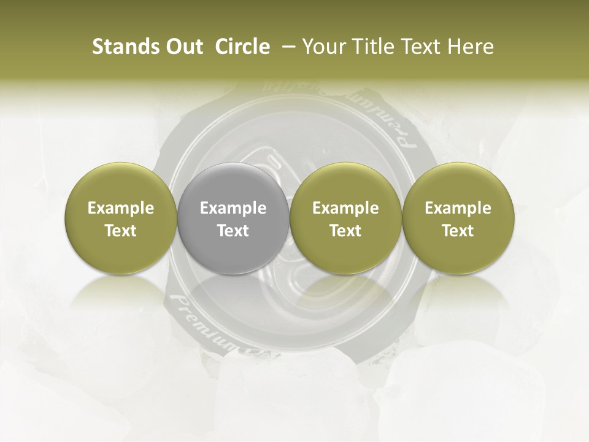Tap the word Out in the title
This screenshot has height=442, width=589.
tap(182, 47)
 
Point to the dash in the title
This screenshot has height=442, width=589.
tap(286, 47)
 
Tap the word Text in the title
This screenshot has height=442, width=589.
tap(420, 47)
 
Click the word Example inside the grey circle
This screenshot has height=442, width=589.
tap(233, 208)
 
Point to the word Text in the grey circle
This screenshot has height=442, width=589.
tap(233, 231)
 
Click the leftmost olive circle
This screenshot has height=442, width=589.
tap(121, 252)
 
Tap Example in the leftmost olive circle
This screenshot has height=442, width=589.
tap(121, 208)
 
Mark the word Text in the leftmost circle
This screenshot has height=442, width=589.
tap(121, 231)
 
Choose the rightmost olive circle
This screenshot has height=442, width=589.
tap(458, 252)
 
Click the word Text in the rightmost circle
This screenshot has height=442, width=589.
tap(458, 231)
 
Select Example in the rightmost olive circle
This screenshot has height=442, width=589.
tap(458, 208)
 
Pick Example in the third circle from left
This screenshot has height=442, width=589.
tap(345, 208)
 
